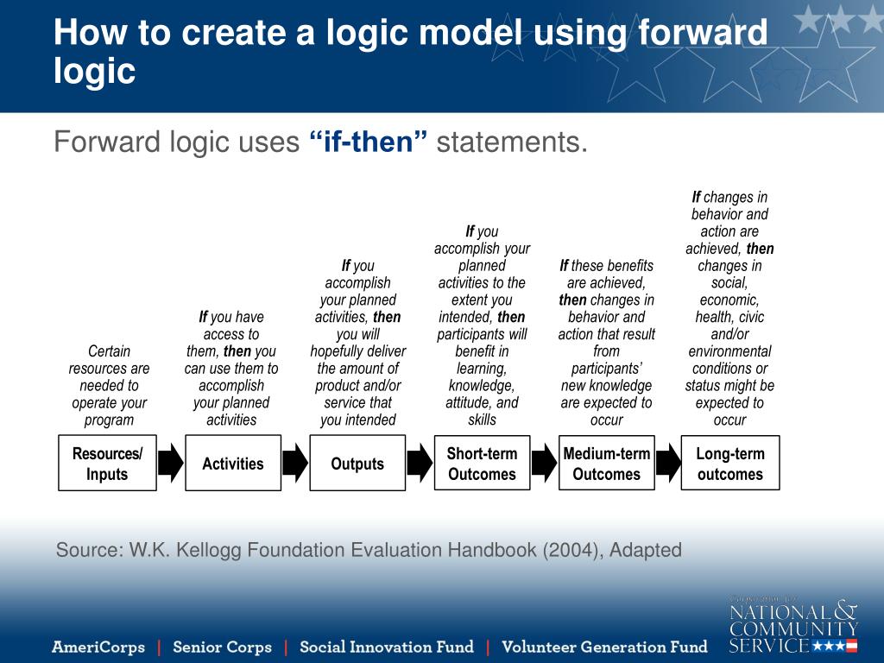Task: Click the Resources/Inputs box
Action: [107, 464]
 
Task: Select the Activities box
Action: [232, 464]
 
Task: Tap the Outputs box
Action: [357, 464]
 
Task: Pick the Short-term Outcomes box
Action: [482, 464]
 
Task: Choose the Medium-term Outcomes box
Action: [606, 464]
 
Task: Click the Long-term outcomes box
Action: [729, 464]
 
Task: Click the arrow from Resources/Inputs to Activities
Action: [171, 464]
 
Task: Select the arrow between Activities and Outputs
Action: [295, 464]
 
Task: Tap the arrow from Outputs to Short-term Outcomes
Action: [420, 464]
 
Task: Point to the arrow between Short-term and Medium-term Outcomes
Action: [544, 464]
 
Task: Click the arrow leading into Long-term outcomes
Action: [668, 464]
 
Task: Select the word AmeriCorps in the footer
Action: [98, 647]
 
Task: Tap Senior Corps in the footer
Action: [222, 647]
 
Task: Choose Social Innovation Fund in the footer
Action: [386, 647]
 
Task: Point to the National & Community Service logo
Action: [792, 623]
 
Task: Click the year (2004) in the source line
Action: [572, 550]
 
